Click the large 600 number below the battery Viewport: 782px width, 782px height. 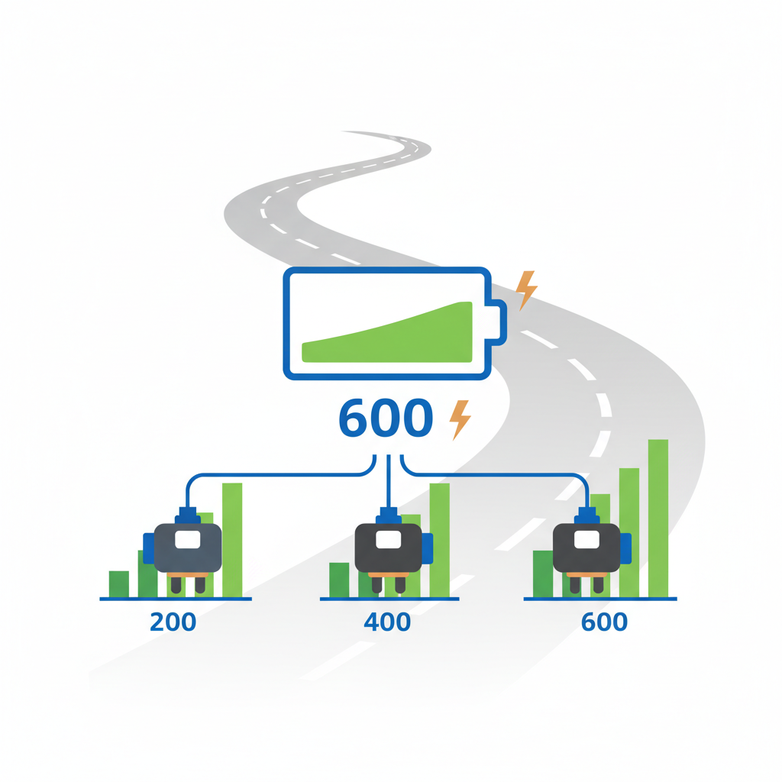pyautogui.click(x=386, y=418)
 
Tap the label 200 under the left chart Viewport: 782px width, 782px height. pyautogui.click(x=173, y=622)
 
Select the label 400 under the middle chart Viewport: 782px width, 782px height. pyautogui.click(x=387, y=622)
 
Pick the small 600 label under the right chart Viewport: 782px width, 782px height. pyautogui.click(x=604, y=622)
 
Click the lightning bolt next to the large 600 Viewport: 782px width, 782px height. pyautogui.click(x=460, y=420)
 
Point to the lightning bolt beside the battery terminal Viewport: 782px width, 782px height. pyautogui.click(x=526, y=291)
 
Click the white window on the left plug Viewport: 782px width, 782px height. pyautogui.click(x=188, y=540)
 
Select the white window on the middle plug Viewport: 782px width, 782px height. pyautogui.click(x=389, y=540)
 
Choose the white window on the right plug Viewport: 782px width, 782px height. pyautogui.click(x=587, y=540)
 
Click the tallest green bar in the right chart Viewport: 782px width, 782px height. pyautogui.click(x=658, y=519)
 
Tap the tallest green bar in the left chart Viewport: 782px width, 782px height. pyautogui.click(x=232, y=540)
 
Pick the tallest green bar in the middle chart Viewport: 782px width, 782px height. pyautogui.click(x=439, y=540)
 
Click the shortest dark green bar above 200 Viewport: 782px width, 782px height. pyautogui.click(x=118, y=584)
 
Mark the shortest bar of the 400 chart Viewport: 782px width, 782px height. pyautogui.click(x=339, y=580)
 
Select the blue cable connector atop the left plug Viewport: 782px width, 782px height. pyautogui.click(x=188, y=515)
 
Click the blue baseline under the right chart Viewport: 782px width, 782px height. pyautogui.click(x=600, y=599)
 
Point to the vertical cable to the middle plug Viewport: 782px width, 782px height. pyautogui.click(x=389, y=481)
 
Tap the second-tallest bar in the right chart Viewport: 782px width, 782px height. pyautogui.click(x=629, y=532)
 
